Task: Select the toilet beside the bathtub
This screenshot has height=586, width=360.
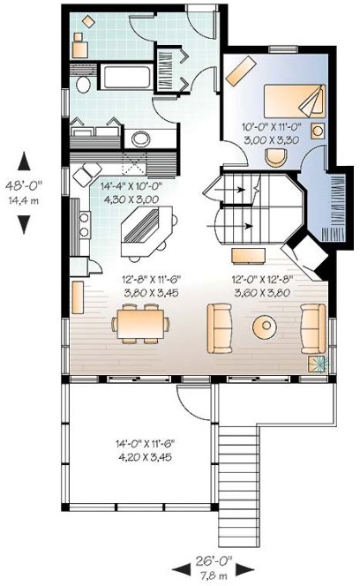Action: [81, 84]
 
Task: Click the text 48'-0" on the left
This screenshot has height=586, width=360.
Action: [26, 186]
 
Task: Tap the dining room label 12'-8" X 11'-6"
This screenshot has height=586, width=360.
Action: [145, 278]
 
